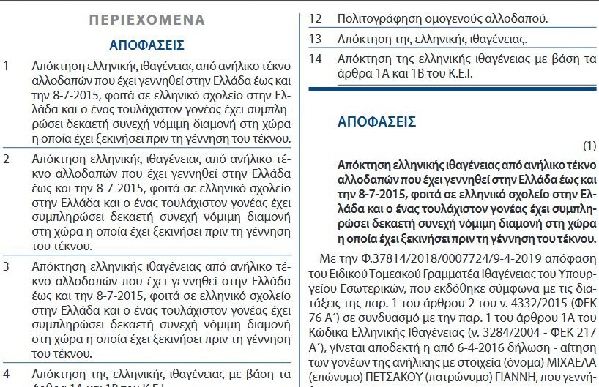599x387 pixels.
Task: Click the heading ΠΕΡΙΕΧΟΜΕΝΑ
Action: (146, 20)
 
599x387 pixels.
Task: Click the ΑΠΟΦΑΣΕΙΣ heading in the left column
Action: (146, 45)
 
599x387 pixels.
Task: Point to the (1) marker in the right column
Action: (590, 145)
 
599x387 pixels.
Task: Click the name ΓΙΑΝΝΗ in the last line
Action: (516, 377)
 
